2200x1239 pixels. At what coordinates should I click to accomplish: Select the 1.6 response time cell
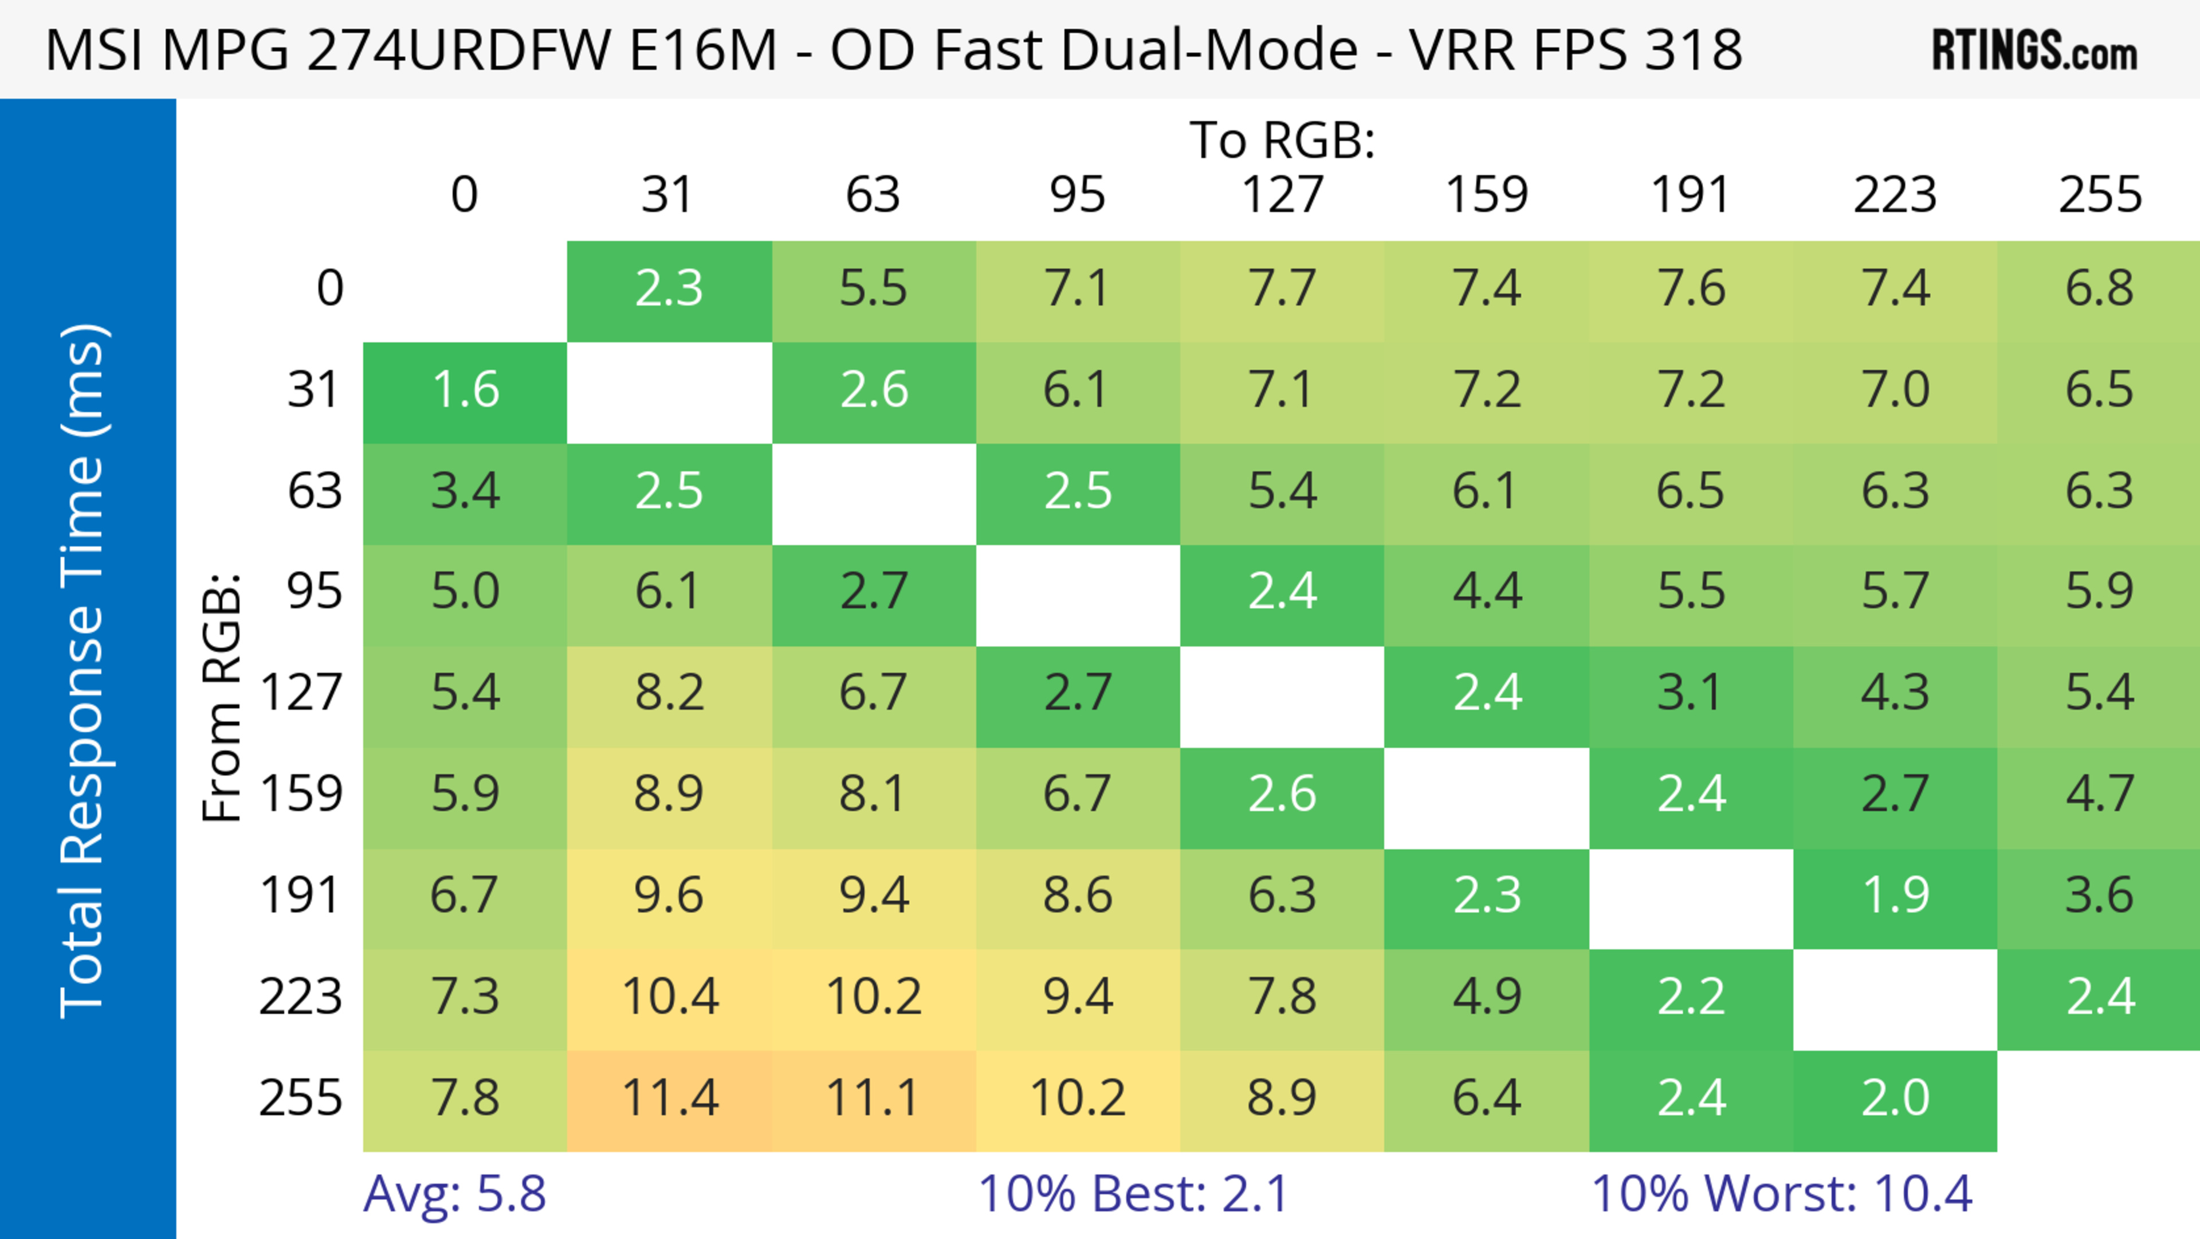(x=465, y=390)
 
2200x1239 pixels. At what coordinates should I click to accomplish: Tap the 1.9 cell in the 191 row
(x=1895, y=894)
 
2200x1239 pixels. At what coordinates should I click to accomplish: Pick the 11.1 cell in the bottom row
(x=873, y=1097)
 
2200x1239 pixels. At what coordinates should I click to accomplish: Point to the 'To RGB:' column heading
(x=1282, y=139)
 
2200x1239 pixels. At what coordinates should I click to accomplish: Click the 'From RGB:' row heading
(x=222, y=697)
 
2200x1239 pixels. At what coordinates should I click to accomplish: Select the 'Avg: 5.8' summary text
(x=454, y=1193)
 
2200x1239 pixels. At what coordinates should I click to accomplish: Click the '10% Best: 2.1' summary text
(x=1133, y=1193)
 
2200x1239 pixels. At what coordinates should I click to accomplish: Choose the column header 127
(x=1282, y=195)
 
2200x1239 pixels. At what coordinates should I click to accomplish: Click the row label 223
(x=301, y=996)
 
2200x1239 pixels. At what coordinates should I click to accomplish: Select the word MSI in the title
(x=95, y=49)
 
